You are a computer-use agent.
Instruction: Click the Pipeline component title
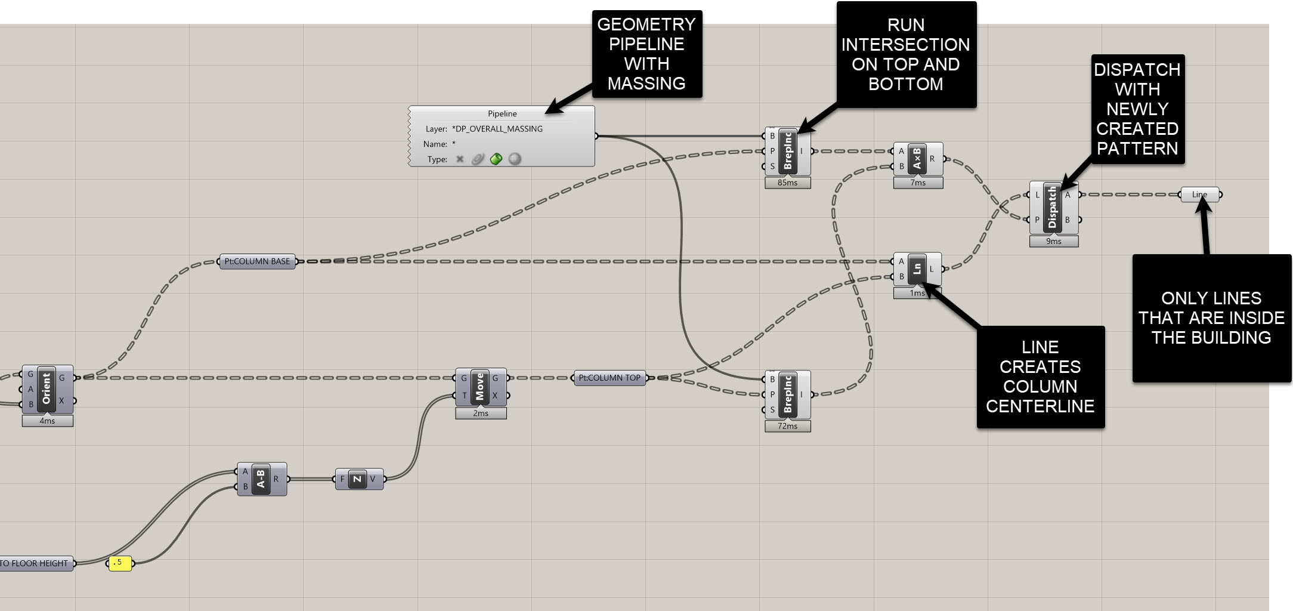[x=502, y=113]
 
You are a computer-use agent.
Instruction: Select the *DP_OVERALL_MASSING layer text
[x=497, y=129]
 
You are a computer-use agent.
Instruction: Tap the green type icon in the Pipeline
[x=496, y=159]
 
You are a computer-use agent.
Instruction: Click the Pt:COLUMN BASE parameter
[x=257, y=261]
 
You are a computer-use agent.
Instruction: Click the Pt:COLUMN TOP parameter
[x=610, y=378]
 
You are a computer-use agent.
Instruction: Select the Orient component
[x=47, y=388]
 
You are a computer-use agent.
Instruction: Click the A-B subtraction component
[x=261, y=479]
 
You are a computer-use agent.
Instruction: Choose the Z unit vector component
[x=357, y=479]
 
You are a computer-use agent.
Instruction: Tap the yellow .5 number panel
[x=120, y=563]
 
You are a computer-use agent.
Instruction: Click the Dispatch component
[x=1053, y=208]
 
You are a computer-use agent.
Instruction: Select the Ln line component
[x=917, y=269]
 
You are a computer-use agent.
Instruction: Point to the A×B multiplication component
[x=917, y=159]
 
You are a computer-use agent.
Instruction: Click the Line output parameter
[x=1199, y=195]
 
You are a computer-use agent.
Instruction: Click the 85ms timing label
[x=787, y=183]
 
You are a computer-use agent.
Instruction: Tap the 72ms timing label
[x=787, y=426]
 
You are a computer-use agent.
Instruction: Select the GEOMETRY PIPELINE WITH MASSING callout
[x=646, y=54]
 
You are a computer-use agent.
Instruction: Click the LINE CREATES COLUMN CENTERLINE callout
[x=1040, y=377]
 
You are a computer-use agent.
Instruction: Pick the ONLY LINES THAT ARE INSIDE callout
[x=1211, y=318]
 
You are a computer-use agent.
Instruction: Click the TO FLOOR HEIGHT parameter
[x=36, y=563]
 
